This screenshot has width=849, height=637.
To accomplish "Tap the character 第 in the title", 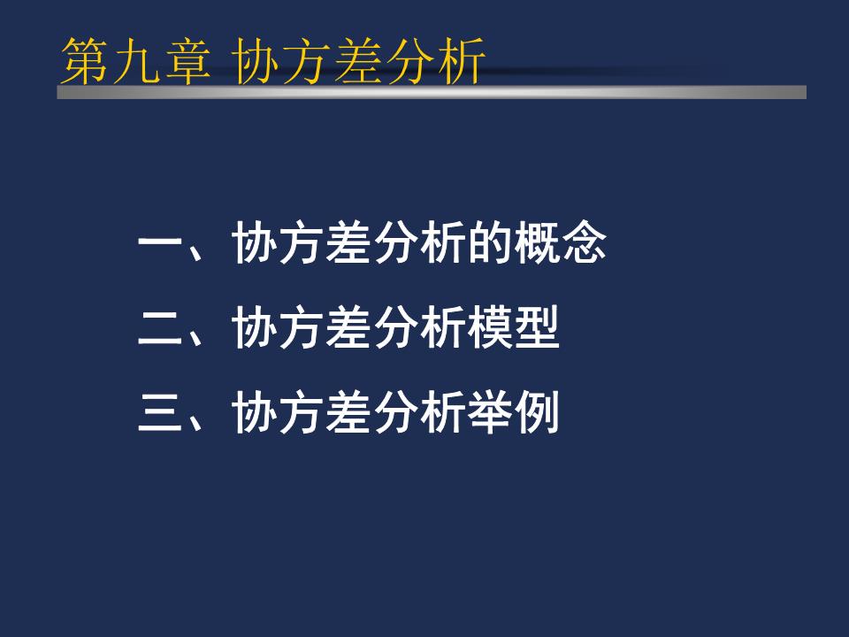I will coord(81,62).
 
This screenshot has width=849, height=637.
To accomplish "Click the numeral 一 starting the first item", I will coord(160,245).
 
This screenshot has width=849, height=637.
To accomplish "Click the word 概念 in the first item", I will coord(560,245).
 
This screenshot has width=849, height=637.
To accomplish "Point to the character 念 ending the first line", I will coord(584,245).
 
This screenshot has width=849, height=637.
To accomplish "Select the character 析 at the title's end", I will coord(463,62).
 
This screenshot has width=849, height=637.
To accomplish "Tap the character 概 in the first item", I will coord(537,245).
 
